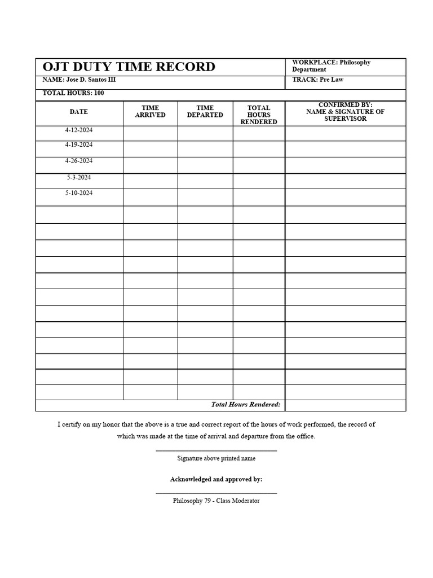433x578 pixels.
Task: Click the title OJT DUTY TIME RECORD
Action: point(129,67)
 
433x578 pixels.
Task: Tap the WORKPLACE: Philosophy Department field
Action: point(331,66)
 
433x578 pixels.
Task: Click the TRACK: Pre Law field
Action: point(317,80)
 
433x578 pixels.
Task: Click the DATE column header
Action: point(79,112)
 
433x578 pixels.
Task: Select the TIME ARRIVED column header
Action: point(150,111)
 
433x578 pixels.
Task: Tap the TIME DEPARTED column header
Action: point(205,111)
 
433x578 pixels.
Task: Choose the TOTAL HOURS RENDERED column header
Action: point(259,115)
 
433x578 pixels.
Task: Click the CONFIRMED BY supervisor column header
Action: point(345,112)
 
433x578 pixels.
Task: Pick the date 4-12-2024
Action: point(79,130)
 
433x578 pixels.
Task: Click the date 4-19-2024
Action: point(79,145)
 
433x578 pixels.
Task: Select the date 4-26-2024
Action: point(79,161)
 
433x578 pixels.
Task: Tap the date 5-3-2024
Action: point(79,177)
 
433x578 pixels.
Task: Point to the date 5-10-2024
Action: point(79,193)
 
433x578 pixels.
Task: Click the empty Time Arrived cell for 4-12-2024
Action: point(150,133)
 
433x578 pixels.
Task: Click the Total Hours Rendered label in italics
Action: point(245,405)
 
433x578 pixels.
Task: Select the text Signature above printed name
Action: point(216,458)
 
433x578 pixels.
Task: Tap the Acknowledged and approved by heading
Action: point(216,479)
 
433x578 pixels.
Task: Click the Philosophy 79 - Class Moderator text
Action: point(216,501)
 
